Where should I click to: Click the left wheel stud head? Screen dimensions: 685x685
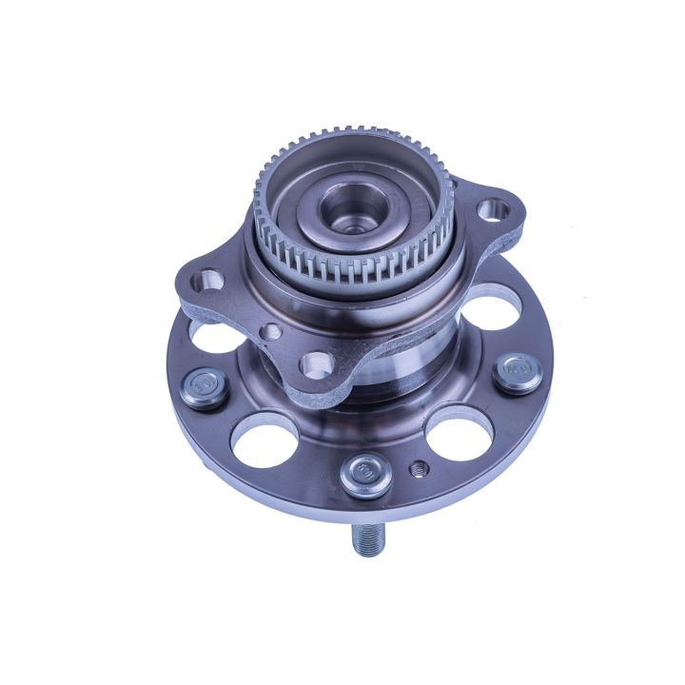tap(203, 387)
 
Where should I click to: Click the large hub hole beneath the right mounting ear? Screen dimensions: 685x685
tap(484, 314)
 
